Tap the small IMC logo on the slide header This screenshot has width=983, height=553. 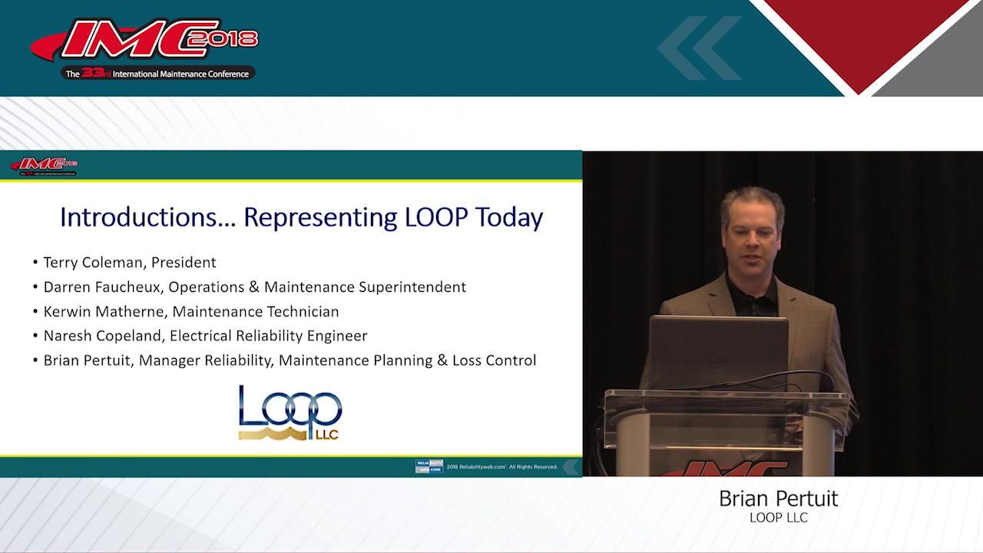(44, 165)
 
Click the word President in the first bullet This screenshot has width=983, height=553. (184, 263)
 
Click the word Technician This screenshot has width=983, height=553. (303, 312)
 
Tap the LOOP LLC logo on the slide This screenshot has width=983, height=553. (290, 412)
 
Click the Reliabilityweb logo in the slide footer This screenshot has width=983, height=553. (429, 466)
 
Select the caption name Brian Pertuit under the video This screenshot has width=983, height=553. (778, 499)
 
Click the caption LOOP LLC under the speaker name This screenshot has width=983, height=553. (778, 518)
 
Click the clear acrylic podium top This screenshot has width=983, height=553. (725, 402)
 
